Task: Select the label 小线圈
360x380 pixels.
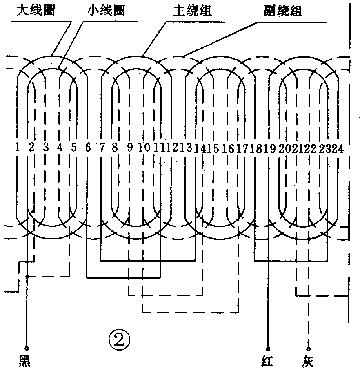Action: pyautogui.click(x=105, y=10)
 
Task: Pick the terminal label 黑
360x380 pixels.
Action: pyautogui.click(x=25, y=362)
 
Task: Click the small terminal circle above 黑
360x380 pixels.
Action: pyautogui.click(x=27, y=349)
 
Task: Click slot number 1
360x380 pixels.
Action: pyautogui.click(x=17, y=147)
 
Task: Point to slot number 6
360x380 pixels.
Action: pyautogui.click(x=88, y=148)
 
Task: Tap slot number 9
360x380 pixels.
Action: pyautogui.click(x=130, y=148)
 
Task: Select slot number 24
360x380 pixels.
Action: pyautogui.click(x=338, y=148)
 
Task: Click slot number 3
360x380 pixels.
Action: pyautogui.click(x=46, y=147)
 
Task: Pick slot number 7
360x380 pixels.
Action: pyautogui.click(x=102, y=148)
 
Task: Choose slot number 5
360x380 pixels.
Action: pyautogui.click(x=73, y=147)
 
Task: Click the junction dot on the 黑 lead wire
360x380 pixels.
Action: pyautogui.click(x=27, y=277)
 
